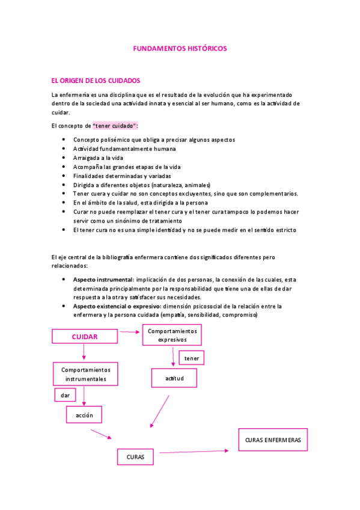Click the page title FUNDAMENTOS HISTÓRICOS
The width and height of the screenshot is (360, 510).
(180, 49)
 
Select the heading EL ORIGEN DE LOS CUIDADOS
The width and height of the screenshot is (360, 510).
(96, 80)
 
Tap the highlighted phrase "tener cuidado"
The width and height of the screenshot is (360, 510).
(115, 125)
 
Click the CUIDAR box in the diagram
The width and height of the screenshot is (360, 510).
(84, 336)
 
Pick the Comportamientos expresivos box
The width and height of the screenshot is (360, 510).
(172, 335)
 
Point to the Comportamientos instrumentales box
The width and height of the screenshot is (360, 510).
(85, 373)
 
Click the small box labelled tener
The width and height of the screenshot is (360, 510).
(192, 358)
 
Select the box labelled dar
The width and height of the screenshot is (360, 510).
(66, 395)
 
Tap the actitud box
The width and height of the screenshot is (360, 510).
(174, 378)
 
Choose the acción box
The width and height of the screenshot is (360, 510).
(84, 415)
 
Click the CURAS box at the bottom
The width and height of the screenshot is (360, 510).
(135, 456)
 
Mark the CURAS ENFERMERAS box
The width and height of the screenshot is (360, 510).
(273, 440)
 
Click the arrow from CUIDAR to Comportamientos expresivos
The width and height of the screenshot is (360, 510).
(130, 331)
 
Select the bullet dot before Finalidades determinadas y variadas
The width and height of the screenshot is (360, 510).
(64, 176)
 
